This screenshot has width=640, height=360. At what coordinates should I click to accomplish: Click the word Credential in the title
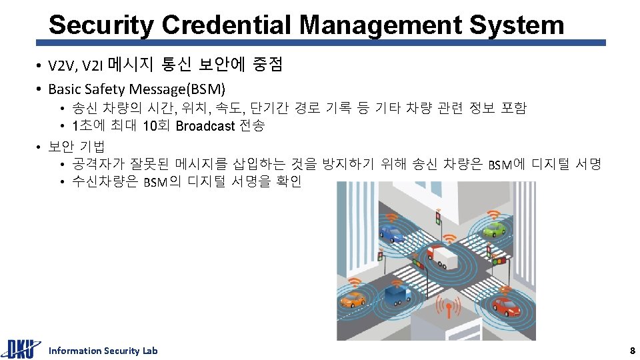coord(226,25)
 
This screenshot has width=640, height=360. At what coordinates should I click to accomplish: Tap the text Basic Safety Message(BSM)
coord(137,89)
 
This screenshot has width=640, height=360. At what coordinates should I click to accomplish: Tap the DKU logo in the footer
coord(19,349)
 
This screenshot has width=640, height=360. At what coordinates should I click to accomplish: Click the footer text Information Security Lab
coord(103,351)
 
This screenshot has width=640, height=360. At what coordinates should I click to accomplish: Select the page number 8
coord(633,351)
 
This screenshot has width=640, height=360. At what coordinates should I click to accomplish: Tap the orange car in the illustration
coord(352,300)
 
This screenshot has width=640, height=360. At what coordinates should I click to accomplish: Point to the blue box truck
coord(397,294)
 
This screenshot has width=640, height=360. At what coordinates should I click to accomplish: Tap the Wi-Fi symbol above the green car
coord(493,215)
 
